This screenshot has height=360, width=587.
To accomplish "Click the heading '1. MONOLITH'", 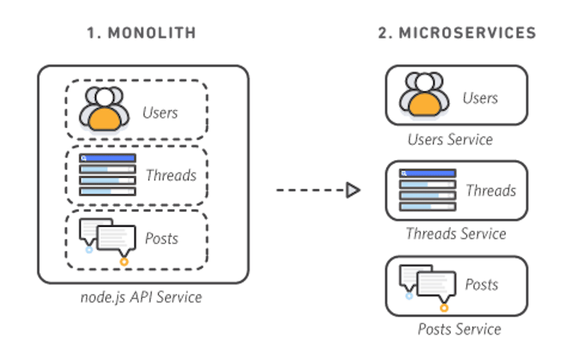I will [141, 33].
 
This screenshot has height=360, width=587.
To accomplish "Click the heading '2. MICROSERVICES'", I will [457, 33].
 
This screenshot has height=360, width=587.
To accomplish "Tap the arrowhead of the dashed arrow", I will [353, 190].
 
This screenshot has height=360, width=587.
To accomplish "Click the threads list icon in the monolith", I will [108, 175].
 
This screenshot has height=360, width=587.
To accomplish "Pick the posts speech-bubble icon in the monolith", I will [109, 238].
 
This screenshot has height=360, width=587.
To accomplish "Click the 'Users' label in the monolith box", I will [160, 113].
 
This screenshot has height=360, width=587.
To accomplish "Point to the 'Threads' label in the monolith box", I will [170, 176].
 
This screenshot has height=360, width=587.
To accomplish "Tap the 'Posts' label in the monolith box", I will [162, 238].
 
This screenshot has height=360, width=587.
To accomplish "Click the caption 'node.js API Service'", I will [141, 297].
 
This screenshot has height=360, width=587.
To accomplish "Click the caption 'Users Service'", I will [450, 140].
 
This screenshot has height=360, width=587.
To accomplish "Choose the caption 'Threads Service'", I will [455, 234].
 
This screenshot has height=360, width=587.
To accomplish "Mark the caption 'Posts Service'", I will [459, 329].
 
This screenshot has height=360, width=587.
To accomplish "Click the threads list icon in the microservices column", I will [427, 190].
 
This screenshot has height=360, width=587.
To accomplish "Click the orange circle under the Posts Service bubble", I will [444, 308].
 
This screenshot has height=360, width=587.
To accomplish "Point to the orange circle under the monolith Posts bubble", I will [124, 262].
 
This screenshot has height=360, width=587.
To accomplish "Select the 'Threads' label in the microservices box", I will [490, 191].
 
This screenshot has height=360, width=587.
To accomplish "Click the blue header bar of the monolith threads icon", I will [108, 158].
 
